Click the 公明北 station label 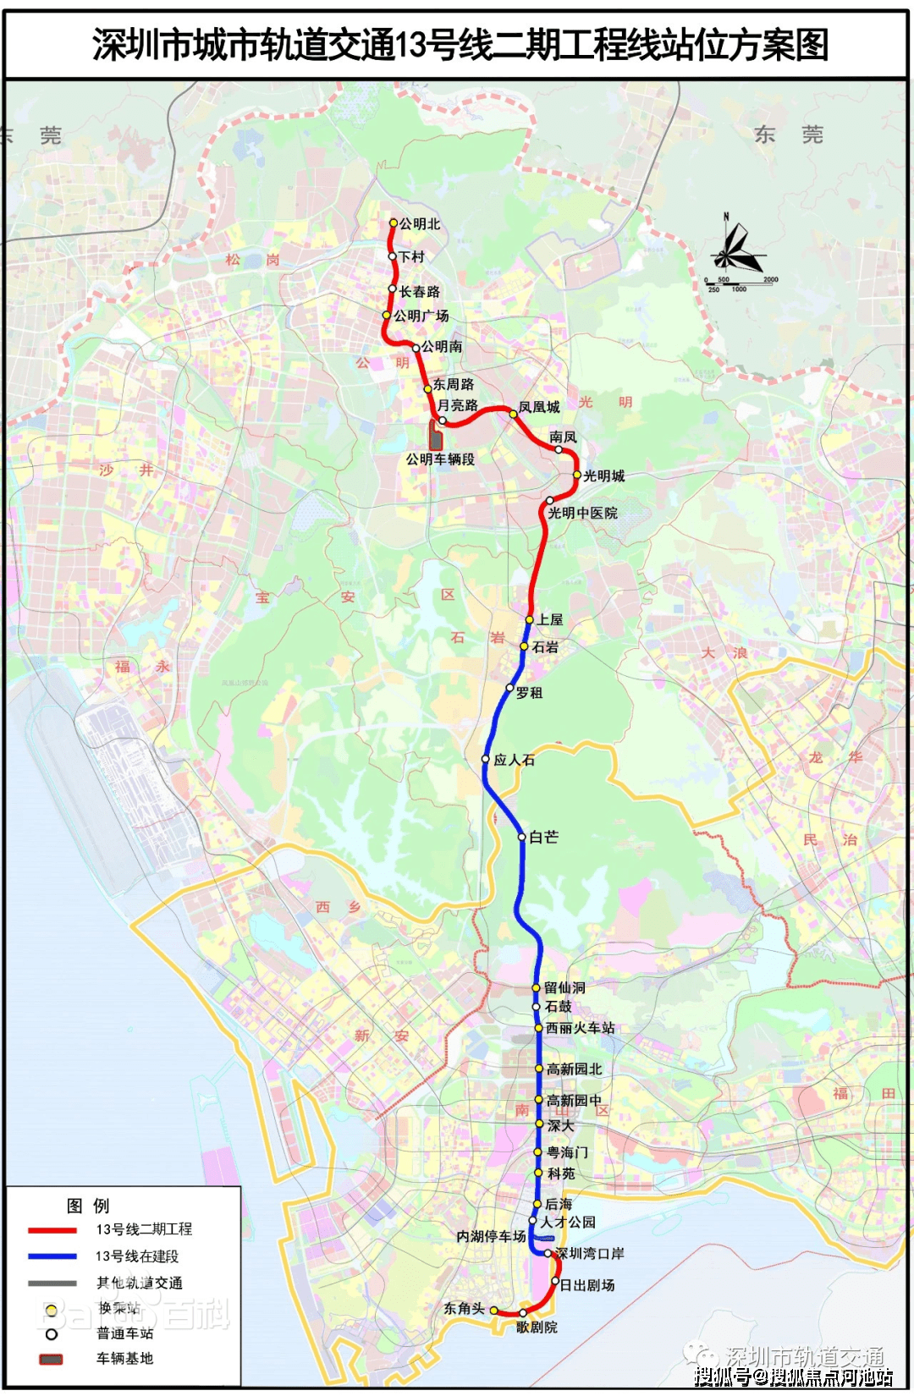coord(420,224)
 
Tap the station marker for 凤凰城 coord(513,414)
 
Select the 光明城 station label coord(604,476)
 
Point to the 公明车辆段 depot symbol coord(436,436)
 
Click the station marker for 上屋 coord(530,620)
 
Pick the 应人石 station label coord(515,760)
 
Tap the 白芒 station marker coord(522,837)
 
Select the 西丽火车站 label coord(581,1028)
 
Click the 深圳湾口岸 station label coord(590,1253)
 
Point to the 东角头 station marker coord(494,1311)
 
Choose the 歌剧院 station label coord(537,1327)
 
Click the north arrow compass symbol coord(735,250)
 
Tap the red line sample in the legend coord(52,1230)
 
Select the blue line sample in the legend coord(52,1256)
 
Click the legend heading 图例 coord(88,1206)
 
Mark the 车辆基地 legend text coord(124,1358)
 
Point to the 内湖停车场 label coord(491,1236)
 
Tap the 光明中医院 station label coord(582,513)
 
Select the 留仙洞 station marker coord(536,987)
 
